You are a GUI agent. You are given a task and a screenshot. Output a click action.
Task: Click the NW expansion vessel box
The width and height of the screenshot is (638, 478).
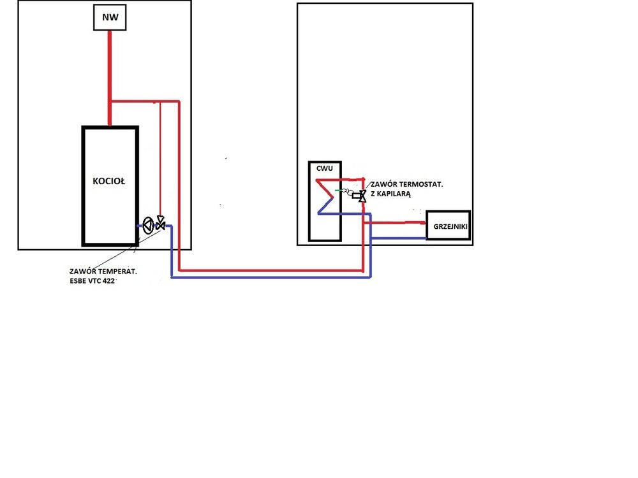tap(110, 17)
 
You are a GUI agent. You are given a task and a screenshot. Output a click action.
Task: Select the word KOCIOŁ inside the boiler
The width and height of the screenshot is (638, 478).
tap(108, 181)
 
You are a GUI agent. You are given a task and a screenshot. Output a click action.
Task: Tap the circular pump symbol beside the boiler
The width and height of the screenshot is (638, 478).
tap(148, 226)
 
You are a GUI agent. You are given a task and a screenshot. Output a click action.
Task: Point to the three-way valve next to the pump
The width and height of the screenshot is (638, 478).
tap(161, 222)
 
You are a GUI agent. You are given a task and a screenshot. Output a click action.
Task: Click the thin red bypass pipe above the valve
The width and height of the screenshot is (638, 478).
tap(160, 159)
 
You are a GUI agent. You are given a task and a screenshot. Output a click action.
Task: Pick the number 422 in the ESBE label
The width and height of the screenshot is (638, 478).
tap(108, 281)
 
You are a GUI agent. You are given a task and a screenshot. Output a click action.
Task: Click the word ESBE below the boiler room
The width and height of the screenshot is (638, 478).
tap(77, 281)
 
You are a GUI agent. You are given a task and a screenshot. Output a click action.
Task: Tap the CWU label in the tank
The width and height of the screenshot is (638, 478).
tap(324, 168)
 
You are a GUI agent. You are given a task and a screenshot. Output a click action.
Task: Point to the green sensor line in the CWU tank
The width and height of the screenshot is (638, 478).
tap(339, 190)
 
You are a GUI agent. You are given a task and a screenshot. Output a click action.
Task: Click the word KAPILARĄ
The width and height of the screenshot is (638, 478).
tap(394, 194)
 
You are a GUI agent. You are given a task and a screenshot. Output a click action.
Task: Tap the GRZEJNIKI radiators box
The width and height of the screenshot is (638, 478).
tap(449, 225)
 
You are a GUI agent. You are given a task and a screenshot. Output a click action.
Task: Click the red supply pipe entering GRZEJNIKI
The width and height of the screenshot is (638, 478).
tap(395, 222)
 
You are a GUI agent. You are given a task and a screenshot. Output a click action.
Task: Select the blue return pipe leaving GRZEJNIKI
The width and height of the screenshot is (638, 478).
tap(399, 238)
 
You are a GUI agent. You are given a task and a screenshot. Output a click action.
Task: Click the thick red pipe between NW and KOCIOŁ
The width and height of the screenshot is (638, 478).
tap(110, 78)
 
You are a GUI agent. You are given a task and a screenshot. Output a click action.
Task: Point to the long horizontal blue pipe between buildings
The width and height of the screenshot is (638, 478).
tap(271, 277)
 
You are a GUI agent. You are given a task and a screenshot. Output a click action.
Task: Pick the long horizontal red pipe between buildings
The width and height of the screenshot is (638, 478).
tap(271, 270)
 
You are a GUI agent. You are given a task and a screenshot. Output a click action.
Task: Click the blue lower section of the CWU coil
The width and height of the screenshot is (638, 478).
tap(344, 214)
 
